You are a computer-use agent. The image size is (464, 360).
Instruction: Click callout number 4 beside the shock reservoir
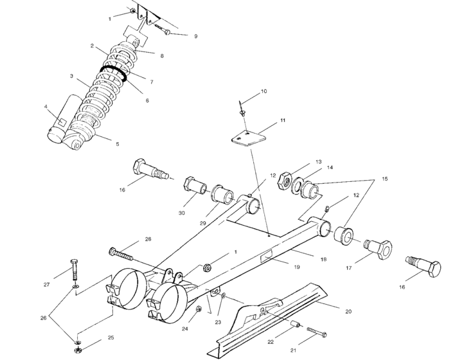tap(46, 107)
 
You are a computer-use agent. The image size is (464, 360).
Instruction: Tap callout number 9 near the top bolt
tap(195, 37)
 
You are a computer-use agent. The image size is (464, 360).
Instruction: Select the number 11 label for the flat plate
tap(282, 121)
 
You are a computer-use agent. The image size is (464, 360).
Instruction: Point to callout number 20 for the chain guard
tap(348, 312)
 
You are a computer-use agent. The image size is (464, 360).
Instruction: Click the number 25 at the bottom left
tap(111, 337)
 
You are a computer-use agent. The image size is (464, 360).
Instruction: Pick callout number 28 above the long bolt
tap(148, 240)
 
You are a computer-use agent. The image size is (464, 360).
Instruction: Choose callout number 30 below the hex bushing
tap(182, 213)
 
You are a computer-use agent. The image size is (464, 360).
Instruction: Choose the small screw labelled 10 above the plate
tap(242, 108)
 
